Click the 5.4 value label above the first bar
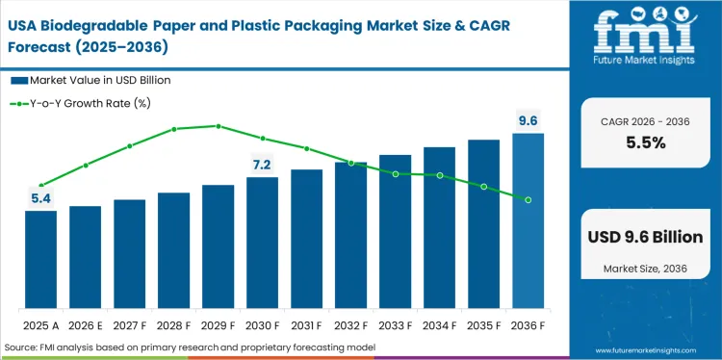point(40,198)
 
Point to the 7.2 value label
point(262,165)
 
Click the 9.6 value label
point(528,120)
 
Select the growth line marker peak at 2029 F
point(218,126)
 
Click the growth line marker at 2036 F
point(528,199)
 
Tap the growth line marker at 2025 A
point(40,185)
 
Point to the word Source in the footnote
point(22,347)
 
